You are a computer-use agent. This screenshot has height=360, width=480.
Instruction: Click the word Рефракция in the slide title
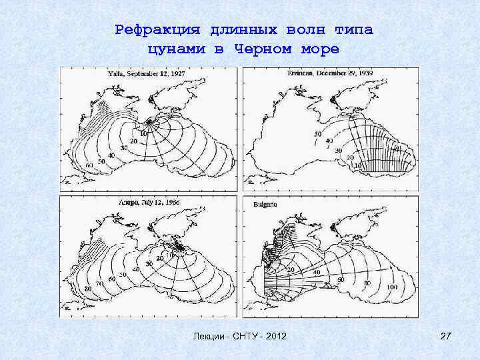pyautogui.click(x=158, y=29)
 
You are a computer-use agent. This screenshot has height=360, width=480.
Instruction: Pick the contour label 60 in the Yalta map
pyautogui.click(x=89, y=165)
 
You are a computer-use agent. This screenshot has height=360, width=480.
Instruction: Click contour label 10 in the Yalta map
pyautogui.click(x=142, y=133)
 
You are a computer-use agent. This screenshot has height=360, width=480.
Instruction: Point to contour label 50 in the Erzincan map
pyautogui.click(x=317, y=135)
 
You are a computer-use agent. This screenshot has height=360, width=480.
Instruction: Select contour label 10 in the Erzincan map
pyautogui.click(x=357, y=165)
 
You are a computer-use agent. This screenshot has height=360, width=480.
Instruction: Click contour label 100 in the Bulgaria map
pyautogui.click(x=390, y=286)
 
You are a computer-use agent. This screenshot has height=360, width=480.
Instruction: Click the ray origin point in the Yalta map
pyautogui.click(x=149, y=123)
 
